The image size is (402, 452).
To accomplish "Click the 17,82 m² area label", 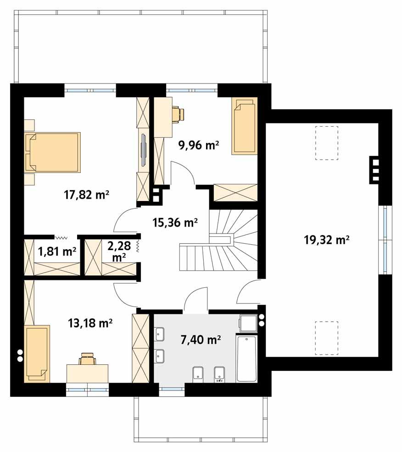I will coord(86,195).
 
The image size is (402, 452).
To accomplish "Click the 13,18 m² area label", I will coord(90,323).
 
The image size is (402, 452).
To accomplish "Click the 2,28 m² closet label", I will coord(119,252).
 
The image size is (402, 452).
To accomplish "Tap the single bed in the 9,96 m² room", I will coord(244,125).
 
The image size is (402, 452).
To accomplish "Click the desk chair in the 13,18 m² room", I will coord(87,359).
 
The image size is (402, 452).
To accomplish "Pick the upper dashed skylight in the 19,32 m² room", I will coord(326,143).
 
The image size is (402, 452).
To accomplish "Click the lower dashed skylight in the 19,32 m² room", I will coord(326,338).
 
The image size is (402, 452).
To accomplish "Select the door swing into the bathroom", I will coord(195,301).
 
